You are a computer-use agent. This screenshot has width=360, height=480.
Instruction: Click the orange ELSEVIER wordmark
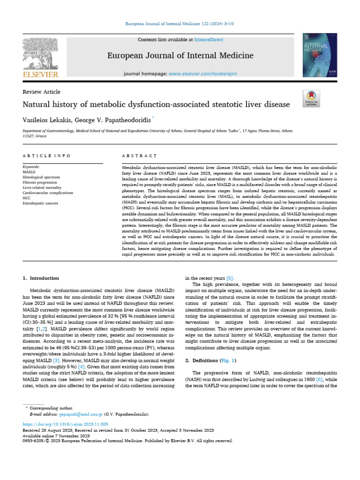point(41,74)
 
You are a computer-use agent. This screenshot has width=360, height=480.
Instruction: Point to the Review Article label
point(42,92)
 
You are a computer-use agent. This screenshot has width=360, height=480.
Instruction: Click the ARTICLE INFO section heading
point(47,156)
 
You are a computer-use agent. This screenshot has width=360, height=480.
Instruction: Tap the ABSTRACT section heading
point(139,156)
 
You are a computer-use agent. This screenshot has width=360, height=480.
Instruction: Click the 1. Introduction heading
point(41,278)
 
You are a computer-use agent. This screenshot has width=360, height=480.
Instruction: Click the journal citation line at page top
point(180,23)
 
